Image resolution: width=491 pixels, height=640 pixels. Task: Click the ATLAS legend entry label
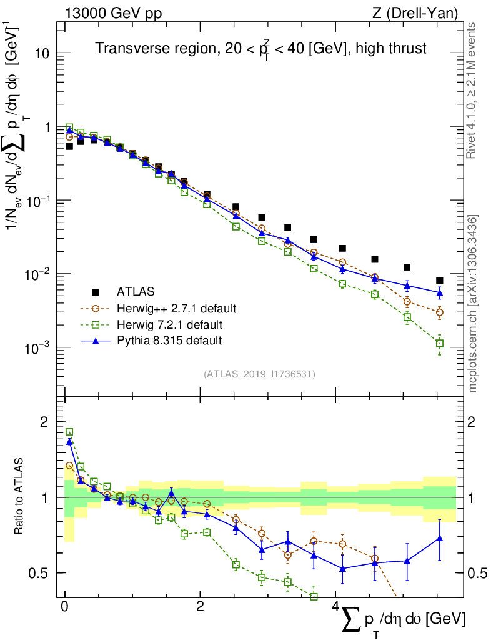coord(135,291)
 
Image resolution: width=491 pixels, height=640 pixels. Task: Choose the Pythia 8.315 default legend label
coord(169,341)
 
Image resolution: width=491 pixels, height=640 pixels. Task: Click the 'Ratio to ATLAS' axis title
coord(20,497)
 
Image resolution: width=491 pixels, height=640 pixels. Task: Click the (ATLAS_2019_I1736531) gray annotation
coord(259,374)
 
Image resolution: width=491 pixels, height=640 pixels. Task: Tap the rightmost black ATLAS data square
coord(439,281)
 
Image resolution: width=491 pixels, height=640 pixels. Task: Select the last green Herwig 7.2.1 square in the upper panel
coord(439,344)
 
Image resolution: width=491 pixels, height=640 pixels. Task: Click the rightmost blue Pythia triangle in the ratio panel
coord(439,538)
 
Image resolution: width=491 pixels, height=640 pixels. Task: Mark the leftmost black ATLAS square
coord(69,146)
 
